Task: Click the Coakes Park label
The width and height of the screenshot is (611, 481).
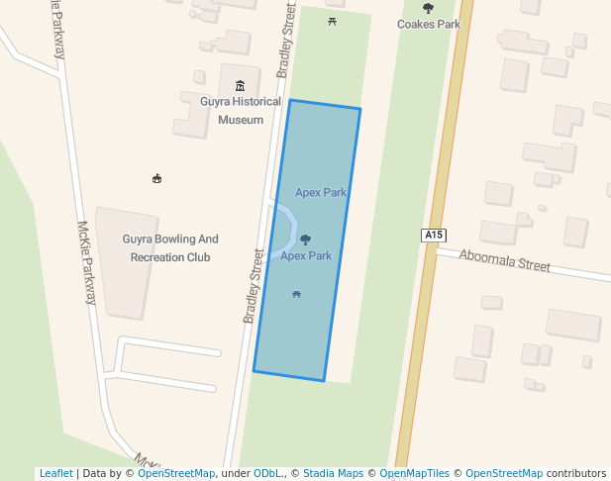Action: (429, 24)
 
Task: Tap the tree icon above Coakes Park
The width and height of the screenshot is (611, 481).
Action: (428, 8)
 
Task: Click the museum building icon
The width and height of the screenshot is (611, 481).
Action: (240, 86)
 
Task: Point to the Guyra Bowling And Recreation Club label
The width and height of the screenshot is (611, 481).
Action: (170, 247)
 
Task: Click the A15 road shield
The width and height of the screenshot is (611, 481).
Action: (434, 235)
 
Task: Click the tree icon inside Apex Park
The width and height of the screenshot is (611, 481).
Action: (305, 240)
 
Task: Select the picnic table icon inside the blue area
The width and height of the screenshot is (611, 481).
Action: (296, 294)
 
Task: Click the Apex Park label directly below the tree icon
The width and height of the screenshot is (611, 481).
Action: (306, 255)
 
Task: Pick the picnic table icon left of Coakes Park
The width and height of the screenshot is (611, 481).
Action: (332, 21)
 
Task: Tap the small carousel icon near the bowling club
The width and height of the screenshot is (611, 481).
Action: (156, 178)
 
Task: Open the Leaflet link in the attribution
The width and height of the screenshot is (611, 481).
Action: (55, 473)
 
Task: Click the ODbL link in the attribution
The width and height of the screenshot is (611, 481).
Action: (267, 473)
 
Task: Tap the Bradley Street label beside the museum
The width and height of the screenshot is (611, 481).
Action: (285, 40)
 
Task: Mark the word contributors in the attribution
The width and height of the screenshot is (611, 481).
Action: (576, 473)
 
